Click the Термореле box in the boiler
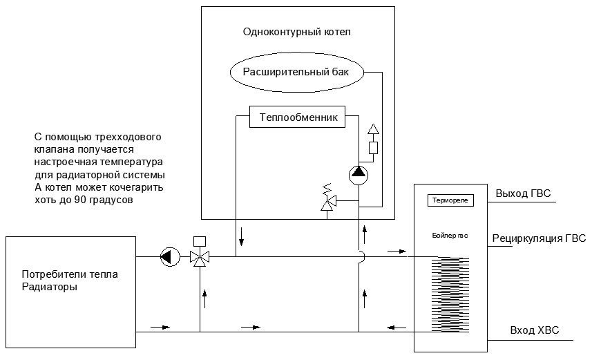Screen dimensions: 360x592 (x=450, y=200)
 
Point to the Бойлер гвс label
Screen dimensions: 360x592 (x=450, y=236)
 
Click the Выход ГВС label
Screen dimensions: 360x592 (x=523, y=193)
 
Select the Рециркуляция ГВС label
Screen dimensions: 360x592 (x=539, y=239)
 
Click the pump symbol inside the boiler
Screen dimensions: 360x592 (x=358, y=173)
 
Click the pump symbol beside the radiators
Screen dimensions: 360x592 (x=168, y=257)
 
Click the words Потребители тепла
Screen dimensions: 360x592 (x=69, y=274)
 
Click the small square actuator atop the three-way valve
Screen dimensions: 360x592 (x=200, y=241)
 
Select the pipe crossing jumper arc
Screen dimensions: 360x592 (x=361, y=256)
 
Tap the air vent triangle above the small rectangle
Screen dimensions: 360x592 (x=374, y=130)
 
